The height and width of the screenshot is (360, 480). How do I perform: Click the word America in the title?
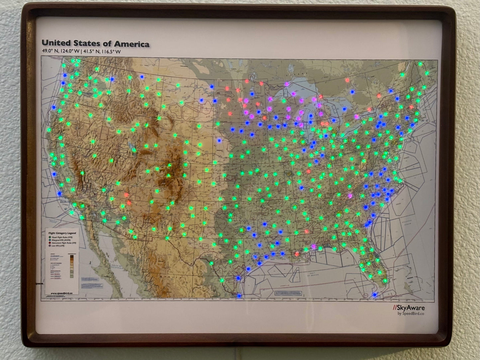(x=132, y=44)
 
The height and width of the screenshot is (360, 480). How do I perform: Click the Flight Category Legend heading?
(x=62, y=233)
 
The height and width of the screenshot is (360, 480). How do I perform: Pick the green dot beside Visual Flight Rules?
(x=49, y=237)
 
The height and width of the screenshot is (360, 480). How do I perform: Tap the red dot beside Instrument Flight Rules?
(x=49, y=243)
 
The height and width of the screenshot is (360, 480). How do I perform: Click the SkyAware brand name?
(x=411, y=308)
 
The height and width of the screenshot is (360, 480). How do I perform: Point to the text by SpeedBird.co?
(x=411, y=314)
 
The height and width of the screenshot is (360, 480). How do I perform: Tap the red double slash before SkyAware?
(x=395, y=308)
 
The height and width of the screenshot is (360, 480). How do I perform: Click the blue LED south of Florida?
(x=375, y=295)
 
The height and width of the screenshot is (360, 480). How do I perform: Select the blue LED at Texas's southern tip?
(x=239, y=296)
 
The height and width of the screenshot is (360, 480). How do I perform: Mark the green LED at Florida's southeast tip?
(x=385, y=281)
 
